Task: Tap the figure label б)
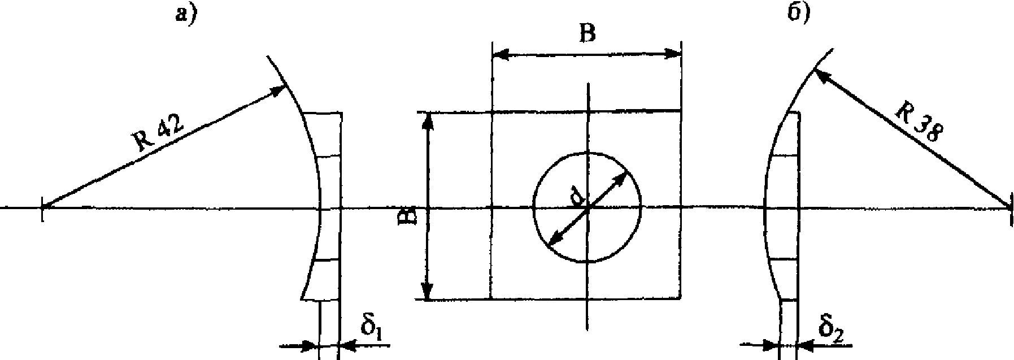pyautogui.click(x=799, y=12)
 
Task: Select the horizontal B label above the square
pyautogui.click(x=587, y=34)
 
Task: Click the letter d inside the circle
pyautogui.click(x=577, y=198)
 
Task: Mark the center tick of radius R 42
pyautogui.click(x=42, y=207)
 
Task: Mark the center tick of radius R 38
pyautogui.click(x=1010, y=207)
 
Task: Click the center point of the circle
pyautogui.click(x=588, y=207)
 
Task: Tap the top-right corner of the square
pyautogui.click(x=680, y=110)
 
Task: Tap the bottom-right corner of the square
pyautogui.click(x=680, y=298)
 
